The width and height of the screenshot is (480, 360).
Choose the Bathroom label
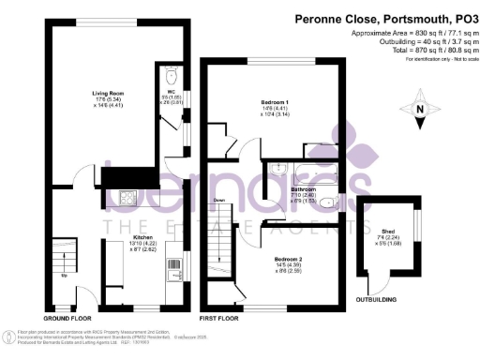tap(302, 189)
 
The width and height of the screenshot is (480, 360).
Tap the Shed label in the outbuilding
tap(388, 231)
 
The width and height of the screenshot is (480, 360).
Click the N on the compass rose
tap(420, 112)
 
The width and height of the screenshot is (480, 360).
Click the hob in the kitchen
tap(127, 198)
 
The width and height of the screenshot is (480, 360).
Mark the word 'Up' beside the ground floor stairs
tap(64, 277)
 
